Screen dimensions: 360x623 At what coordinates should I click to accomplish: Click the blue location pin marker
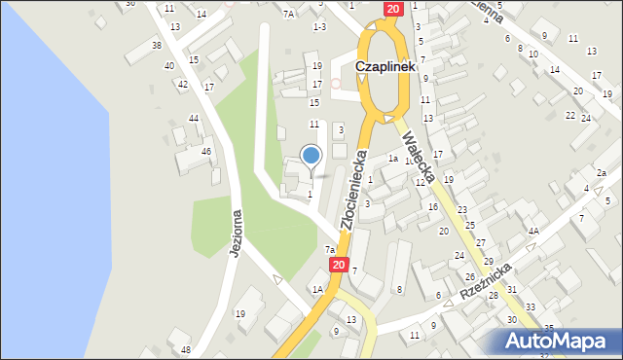pos(311,156)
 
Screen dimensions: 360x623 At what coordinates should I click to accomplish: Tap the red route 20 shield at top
pos(391,9)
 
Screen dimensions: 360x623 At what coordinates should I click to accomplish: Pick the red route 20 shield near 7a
pos(338,264)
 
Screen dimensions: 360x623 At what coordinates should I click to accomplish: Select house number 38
pos(157,46)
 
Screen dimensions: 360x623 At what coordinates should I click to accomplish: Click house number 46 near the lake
pos(206,151)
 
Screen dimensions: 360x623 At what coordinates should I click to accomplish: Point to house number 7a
pos(330,250)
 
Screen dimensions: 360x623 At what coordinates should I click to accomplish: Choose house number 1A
pos(316,289)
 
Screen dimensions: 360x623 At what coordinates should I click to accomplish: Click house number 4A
pos(533,232)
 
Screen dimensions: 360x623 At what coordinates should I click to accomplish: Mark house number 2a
pos(602,173)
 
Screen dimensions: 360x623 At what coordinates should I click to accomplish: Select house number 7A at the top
pos(288,14)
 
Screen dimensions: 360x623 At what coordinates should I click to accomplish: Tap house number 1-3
pos(318,26)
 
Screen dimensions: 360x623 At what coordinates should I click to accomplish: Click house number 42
pos(182,85)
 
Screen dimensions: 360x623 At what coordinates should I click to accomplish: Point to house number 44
pos(194,118)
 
